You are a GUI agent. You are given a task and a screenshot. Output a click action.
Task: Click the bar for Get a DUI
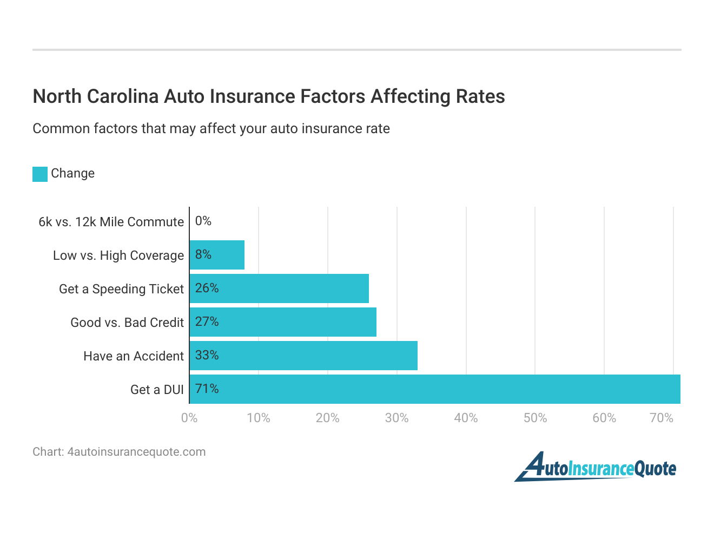pos(434,389)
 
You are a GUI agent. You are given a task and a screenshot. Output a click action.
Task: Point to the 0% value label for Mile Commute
pos(203,221)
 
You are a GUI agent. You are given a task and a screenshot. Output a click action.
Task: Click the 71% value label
pos(207,389)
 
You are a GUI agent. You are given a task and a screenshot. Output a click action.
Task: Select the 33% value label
pos(207,355)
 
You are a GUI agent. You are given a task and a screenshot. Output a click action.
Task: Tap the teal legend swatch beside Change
pos(40,174)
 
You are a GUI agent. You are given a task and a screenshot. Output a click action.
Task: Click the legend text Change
pos(72,173)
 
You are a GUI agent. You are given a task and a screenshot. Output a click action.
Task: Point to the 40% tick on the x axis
pos(466,418)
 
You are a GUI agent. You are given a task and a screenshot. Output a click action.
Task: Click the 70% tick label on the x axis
pos(661,418)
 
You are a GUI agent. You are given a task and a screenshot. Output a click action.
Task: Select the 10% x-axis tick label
pos(259,418)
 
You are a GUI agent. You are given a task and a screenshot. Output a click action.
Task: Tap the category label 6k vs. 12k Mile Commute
pos(111,222)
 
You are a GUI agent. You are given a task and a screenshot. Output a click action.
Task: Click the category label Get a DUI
pos(157,390)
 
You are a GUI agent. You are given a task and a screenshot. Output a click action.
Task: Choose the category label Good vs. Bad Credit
pos(127,323)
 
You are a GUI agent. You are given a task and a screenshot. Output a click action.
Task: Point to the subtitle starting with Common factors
pos(211,129)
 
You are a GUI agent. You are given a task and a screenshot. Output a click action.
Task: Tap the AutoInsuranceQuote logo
pos(595,468)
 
